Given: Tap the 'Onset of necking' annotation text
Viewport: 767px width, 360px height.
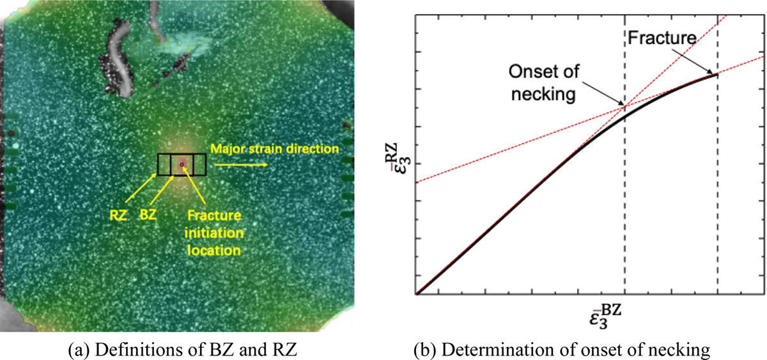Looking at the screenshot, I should tap(542, 83).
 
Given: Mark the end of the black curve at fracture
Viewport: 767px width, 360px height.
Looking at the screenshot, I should tap(717, 74).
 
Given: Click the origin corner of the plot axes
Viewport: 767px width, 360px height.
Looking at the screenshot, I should tap(416, 295).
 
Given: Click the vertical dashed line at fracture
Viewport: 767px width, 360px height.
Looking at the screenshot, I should tap(718, 192).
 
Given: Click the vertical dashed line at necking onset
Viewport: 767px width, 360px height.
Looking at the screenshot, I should tap(624, 205).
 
